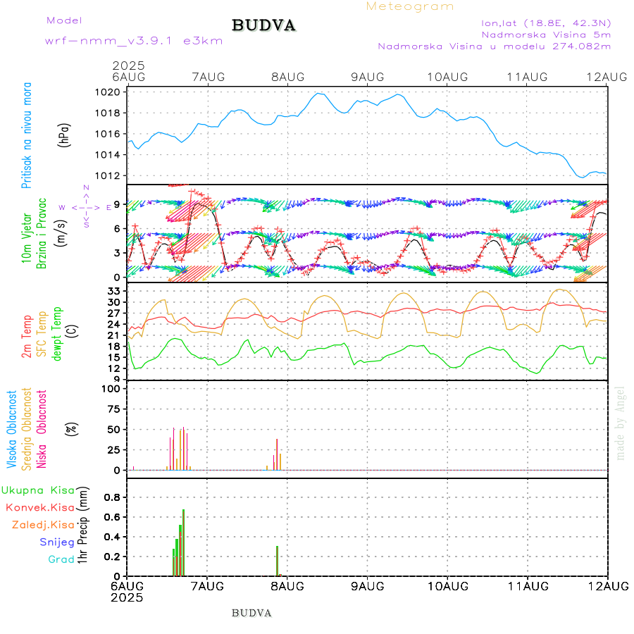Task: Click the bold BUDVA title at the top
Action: [263, 26]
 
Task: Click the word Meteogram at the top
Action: [410, 6]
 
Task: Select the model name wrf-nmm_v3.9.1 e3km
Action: [134, 40]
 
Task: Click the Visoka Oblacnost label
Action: [12, 429]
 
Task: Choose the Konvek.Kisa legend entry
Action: [39, 507]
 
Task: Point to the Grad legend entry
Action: [61, 559]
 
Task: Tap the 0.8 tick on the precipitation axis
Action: [112, 497]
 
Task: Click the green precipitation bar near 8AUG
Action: [278, 561]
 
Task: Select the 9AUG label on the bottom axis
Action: [367, 586]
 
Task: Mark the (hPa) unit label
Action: [65, 135]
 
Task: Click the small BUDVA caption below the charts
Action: [251, 613]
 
